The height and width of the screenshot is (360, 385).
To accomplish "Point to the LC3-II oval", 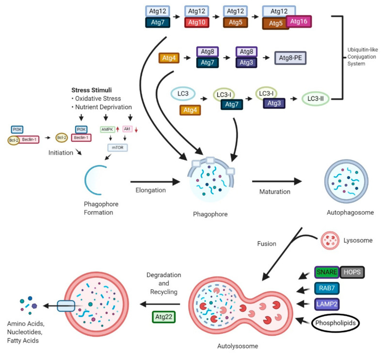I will (x=315, y=98).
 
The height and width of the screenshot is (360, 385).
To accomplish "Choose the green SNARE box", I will (x=327, y=272).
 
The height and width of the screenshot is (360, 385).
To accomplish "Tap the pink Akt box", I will (x=128, y=130).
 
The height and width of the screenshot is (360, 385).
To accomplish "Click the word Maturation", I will (x=274, y=192).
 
